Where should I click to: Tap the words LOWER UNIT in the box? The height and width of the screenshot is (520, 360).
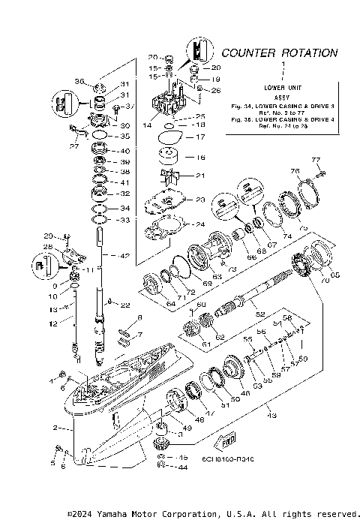[x=283, y=89]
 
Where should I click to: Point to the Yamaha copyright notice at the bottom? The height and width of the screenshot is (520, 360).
[x=211, y=513]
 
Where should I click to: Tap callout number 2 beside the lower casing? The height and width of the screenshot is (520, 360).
[x=55, y=427]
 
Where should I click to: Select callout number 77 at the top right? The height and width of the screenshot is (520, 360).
[x=316, y=160]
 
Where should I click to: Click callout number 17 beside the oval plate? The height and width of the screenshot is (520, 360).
[x=200, y=137]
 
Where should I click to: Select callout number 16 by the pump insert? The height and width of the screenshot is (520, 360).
[x=200, y=158]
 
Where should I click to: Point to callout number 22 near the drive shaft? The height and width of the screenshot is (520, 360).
[x=125, y=305]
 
